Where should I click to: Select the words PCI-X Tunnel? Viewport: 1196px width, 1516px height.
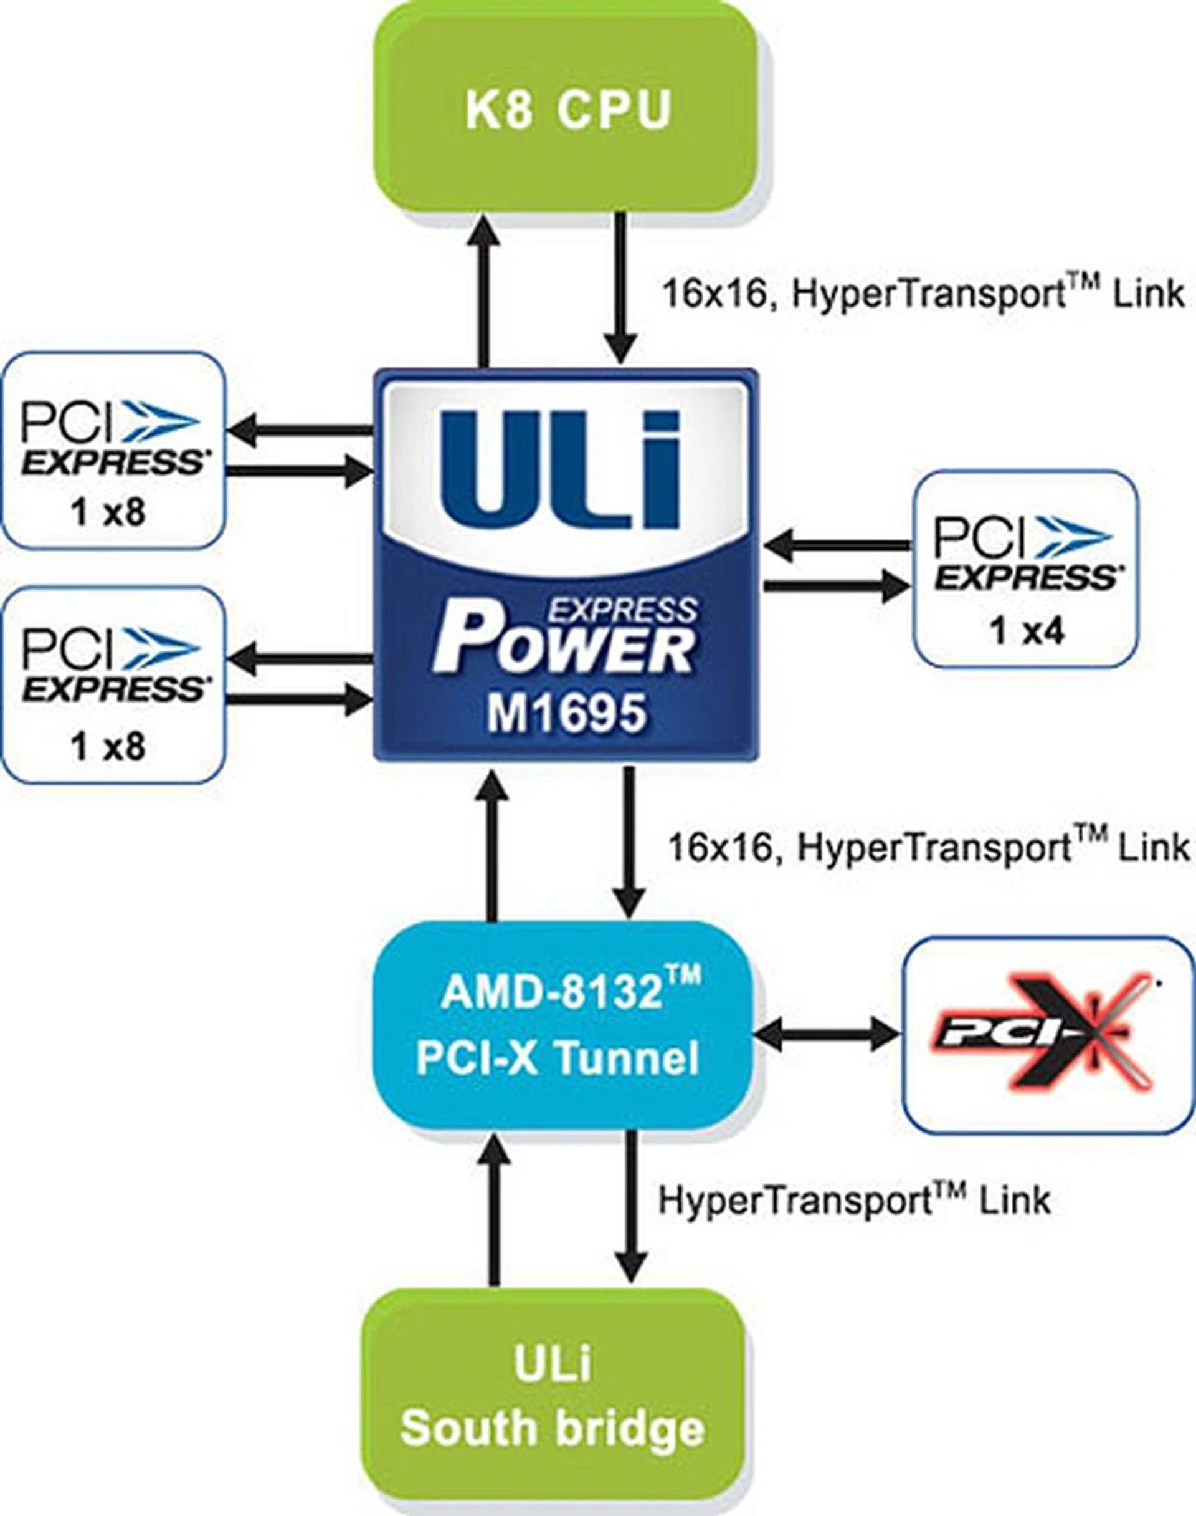click(558, 1057)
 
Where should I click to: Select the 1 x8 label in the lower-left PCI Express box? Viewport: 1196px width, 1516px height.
click(108, 746)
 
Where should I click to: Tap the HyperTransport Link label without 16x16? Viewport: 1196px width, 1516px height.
click(853, 1199)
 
